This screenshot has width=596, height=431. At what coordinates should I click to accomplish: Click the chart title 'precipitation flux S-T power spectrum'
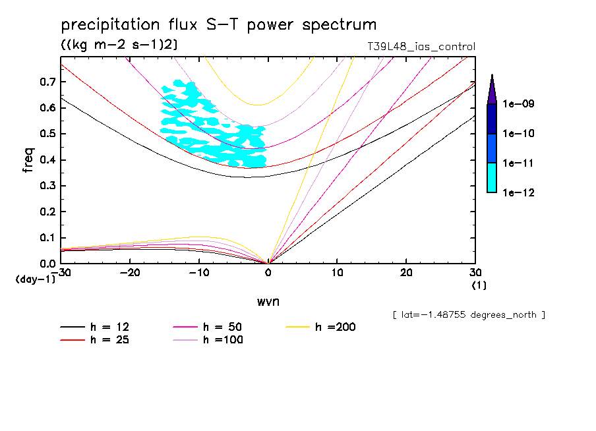click(218, 25)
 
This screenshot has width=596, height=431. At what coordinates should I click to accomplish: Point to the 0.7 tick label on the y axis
click(47, 82)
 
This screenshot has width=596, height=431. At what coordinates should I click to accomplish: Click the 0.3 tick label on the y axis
click(47, 186)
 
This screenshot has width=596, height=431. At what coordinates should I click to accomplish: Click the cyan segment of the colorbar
click(492, 177)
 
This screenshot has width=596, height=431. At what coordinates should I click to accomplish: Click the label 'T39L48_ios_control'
click(421, 47)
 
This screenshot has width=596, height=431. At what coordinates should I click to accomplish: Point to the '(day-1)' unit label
click(36, 279)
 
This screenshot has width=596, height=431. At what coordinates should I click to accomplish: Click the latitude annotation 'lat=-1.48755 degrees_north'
click(468, 315)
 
